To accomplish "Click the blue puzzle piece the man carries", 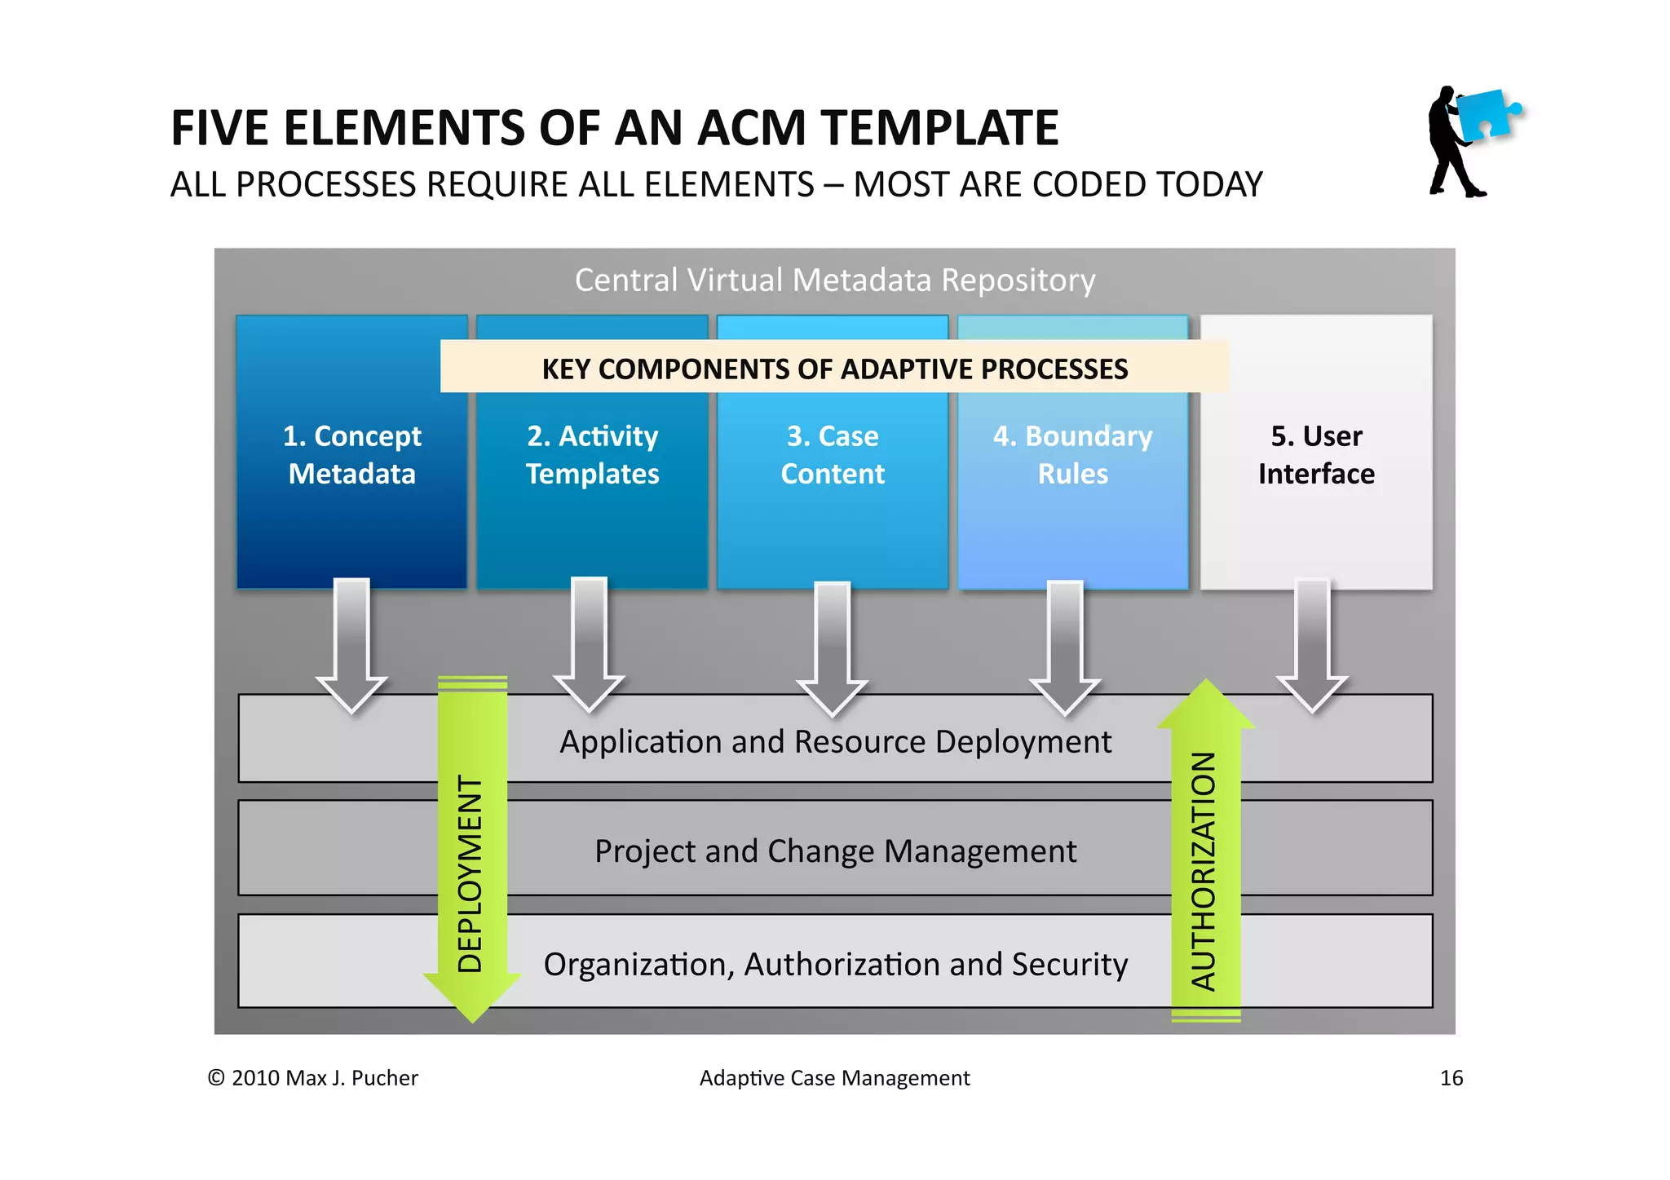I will tap(1486, 115).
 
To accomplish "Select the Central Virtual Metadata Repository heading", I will tap(834, 281).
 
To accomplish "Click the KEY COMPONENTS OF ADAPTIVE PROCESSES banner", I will tap(834, 369).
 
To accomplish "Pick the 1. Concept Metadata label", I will tap(351, 455).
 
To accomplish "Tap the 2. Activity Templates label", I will tap(592, 455).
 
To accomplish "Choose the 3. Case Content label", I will tap(833, 455).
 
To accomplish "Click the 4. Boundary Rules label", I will tap(1072, 455).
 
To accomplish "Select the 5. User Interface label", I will tap(1315, 455).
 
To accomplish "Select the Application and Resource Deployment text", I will tap(834, 742).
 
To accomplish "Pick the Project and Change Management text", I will tap(834, 851).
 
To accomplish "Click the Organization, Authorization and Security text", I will tap(834, 965).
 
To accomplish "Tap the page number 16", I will tap(1451, 1078).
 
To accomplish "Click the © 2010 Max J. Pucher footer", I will tap(312, 1078).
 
